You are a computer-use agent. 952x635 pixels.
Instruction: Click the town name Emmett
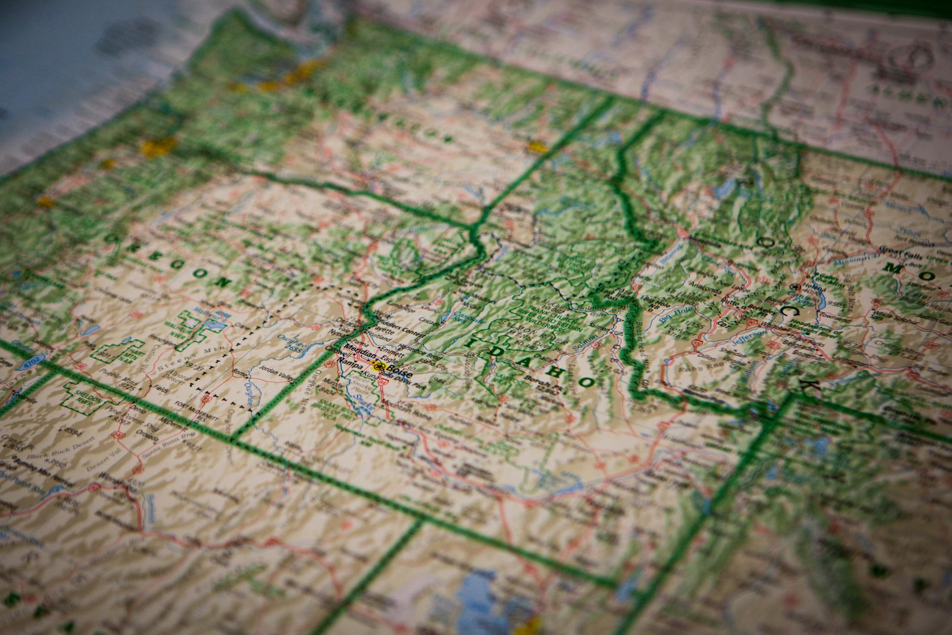[381, 350]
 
